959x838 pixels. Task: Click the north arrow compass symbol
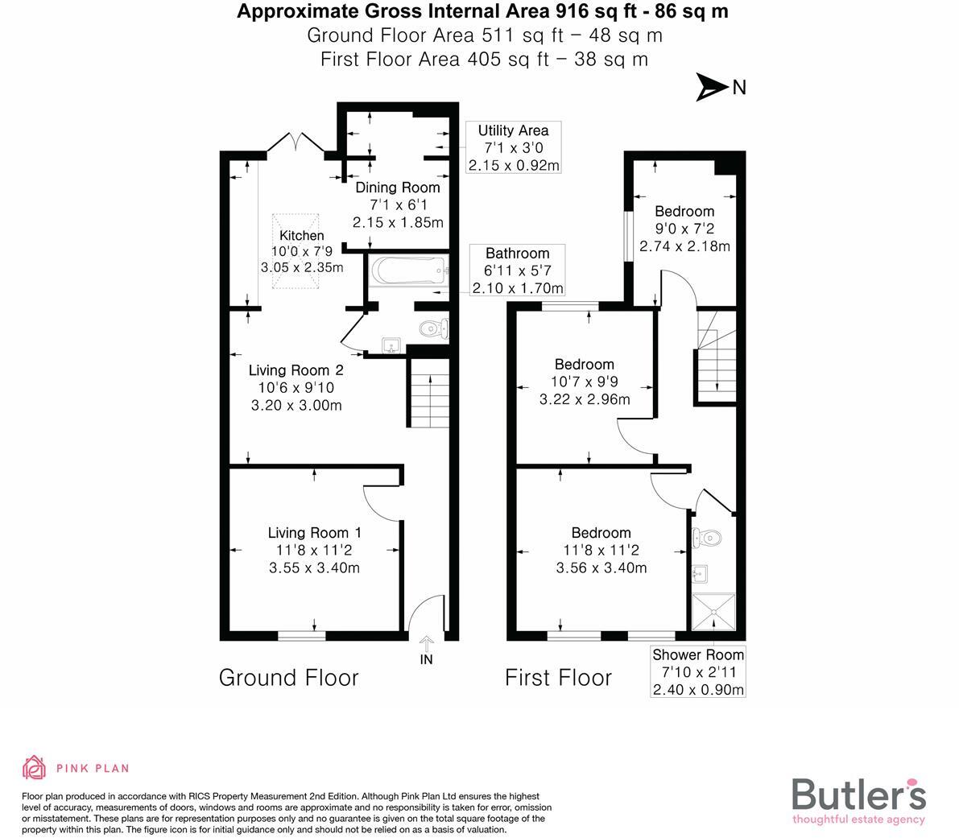pyautogui.click(x=712, y=87)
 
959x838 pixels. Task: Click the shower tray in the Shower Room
pyautogui.click(x=714, y=614)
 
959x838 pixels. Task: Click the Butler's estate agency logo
pyautogui.click(x=858, y=799)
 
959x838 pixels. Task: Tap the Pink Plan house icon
pyautogui.click(x=34, y=768)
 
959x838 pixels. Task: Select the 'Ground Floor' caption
pyautogui.click(x=288, y=678)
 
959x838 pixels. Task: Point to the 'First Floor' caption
pyautogui.click(x=558, y=678)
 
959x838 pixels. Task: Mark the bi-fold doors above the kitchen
pyautogui.click(x=296, y=143)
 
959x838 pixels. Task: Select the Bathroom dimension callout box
pyautogui.click(x=517, y=270)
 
